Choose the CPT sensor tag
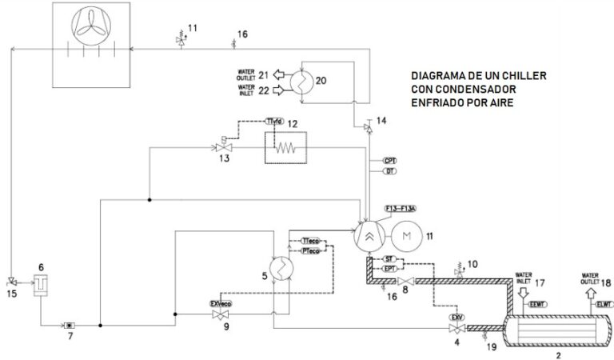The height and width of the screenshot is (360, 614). pyautogui.click(x=390, y=160)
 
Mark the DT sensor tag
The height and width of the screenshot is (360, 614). pyautogui.click(x=390, y=171)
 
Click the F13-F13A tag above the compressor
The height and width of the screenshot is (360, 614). pyautogui.click(x=401, y=209)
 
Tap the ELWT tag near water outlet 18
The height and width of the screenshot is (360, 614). pyautogui.click(x=604, y=304)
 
